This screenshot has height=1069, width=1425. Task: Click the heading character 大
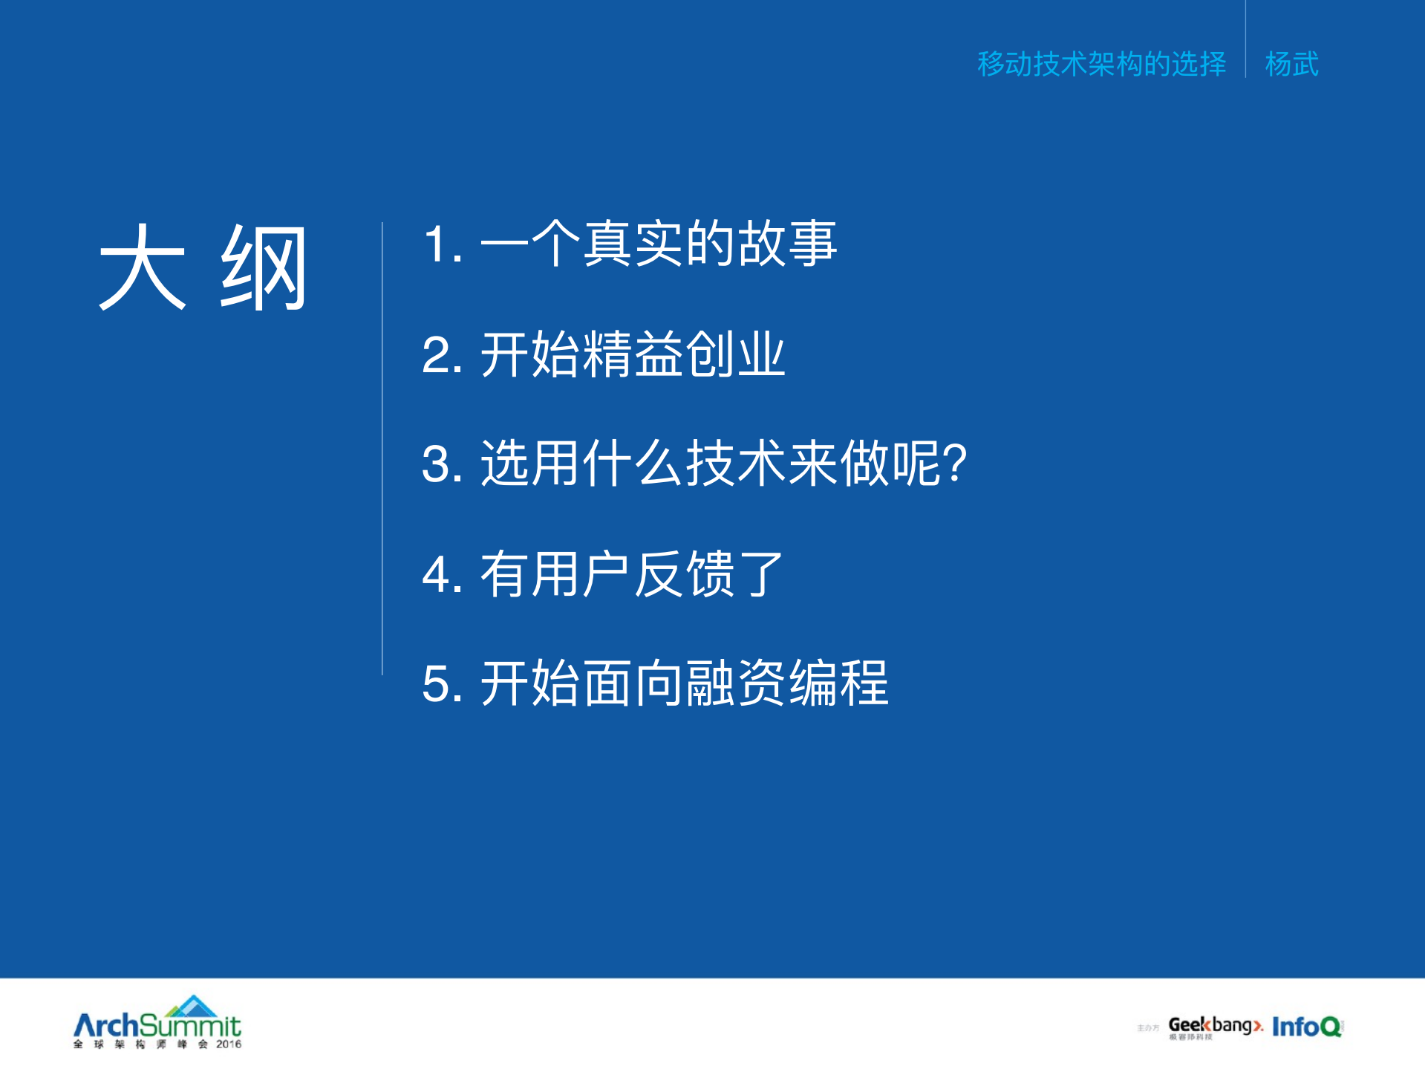143,267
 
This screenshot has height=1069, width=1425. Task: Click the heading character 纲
264,267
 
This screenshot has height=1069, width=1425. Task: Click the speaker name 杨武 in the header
1292,64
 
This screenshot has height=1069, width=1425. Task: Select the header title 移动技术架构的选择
1101,64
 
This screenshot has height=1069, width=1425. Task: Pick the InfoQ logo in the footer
1307,1027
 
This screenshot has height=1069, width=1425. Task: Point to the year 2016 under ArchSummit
229,1044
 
